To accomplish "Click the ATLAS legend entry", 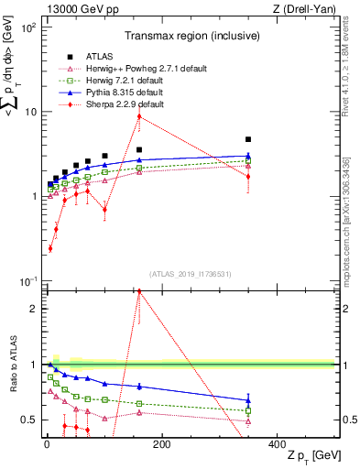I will click(x=89, y=57).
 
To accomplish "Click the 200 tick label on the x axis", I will click(x=161, y=443).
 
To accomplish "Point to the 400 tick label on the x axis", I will click(x=277, y=443).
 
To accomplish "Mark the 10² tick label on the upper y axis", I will click(x=27, y=28).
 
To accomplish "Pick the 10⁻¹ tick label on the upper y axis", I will click(x=27, y=280).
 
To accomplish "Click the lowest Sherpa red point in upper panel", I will click(x=50, y=248).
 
